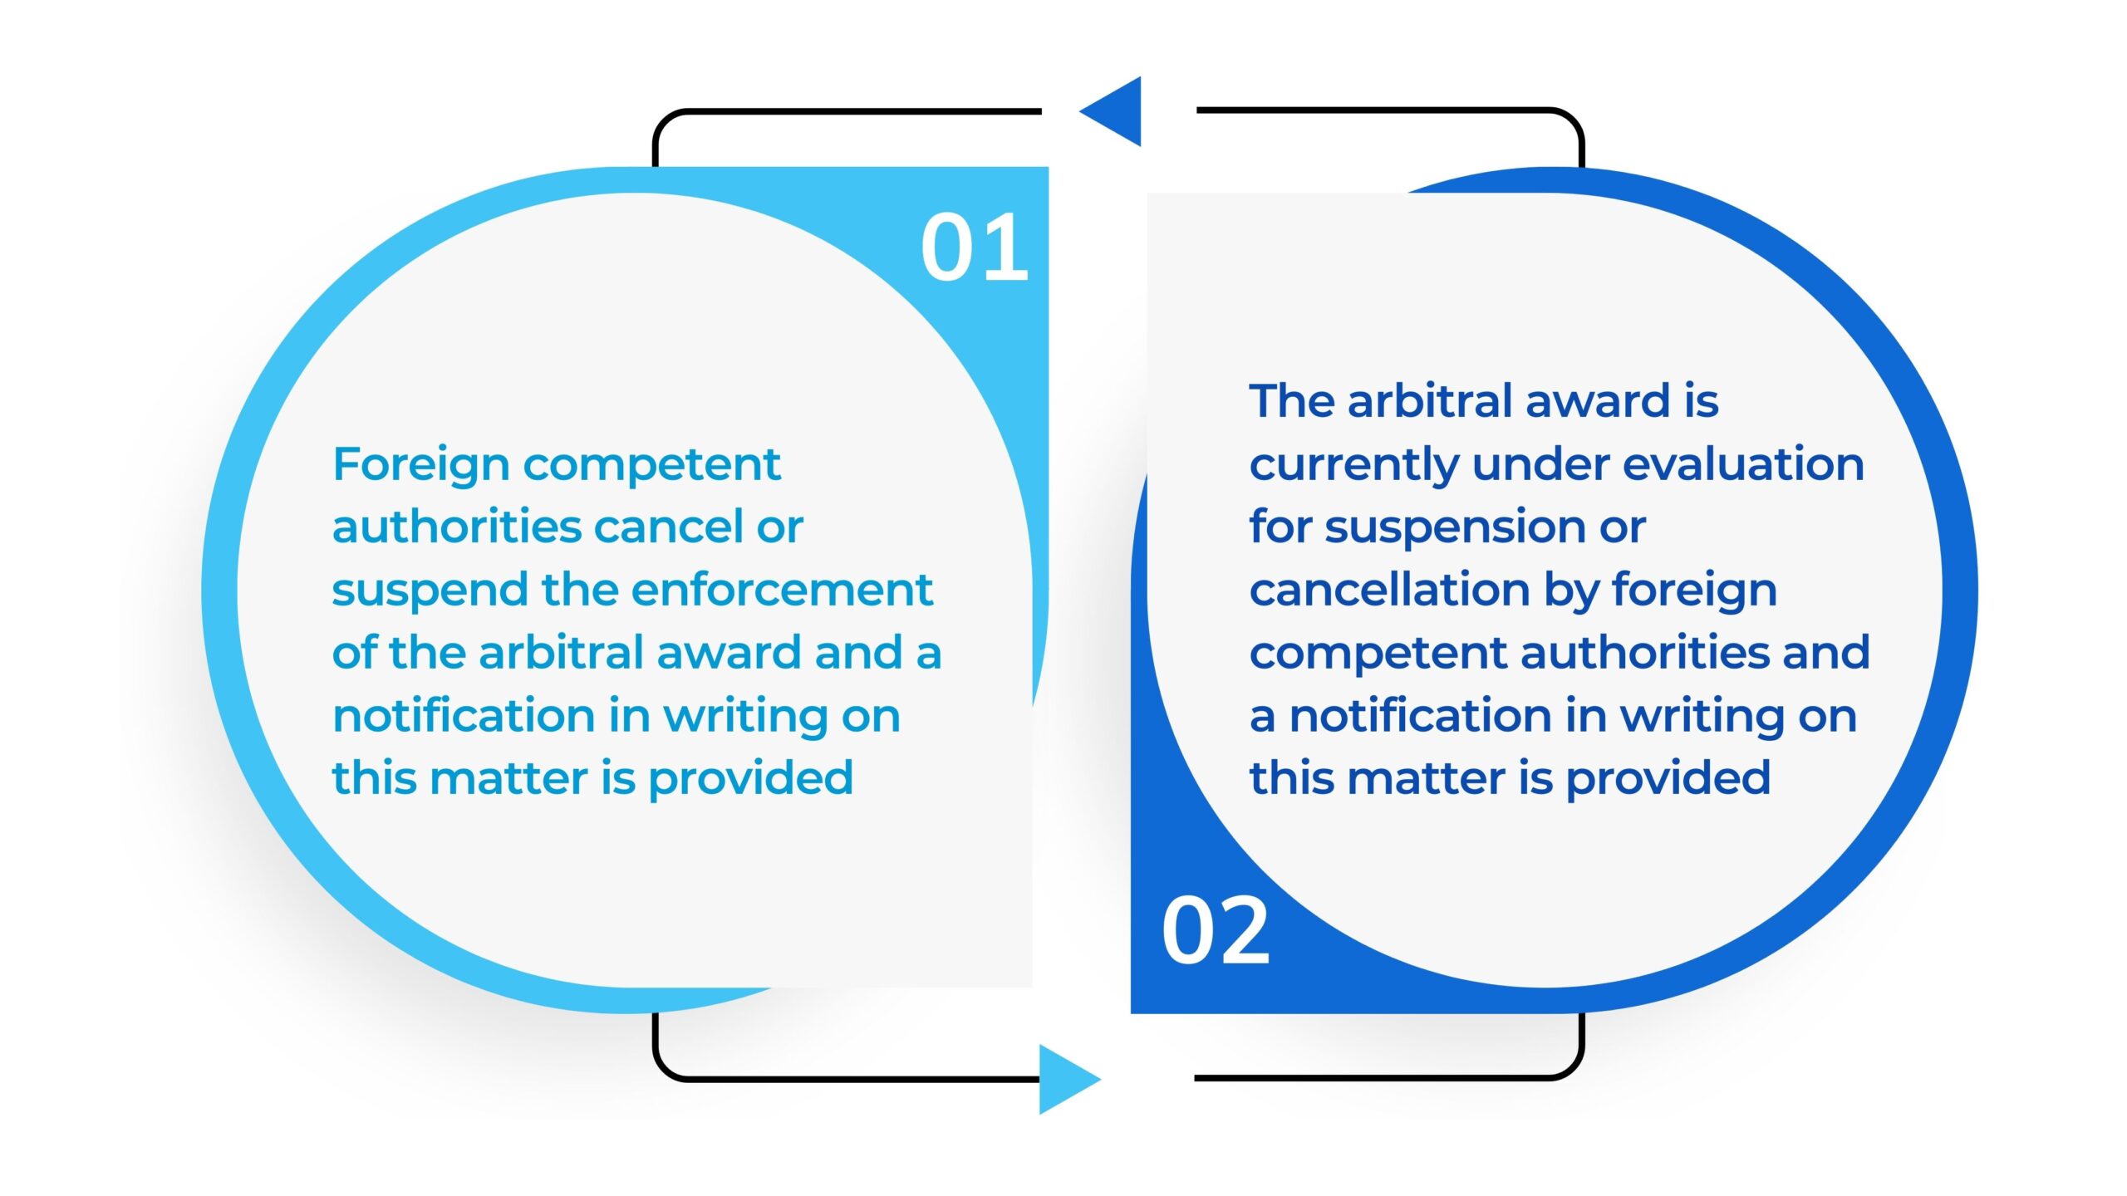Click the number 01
pyautogui.click(x=975, y=247)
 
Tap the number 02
pyautogui.click(x=1216, y=931)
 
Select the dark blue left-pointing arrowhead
pyautogui.click(x=1110, y=111)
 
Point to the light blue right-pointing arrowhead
pyautogui.click(x=1070, y=1079)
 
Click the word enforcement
pyautogui.click(x=782, y=590)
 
